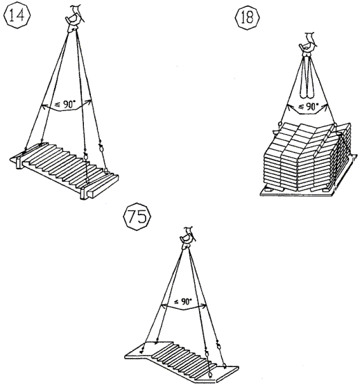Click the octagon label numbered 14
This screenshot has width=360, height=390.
point(17,15)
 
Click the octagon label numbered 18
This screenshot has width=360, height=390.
point(248,17)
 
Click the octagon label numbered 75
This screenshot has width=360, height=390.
point(137,217)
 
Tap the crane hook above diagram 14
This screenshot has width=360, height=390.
point(74,19)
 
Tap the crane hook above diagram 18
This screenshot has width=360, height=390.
point(308,45)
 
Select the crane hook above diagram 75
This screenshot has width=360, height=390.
point(188,238)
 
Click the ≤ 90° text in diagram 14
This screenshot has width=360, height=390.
point(65,105)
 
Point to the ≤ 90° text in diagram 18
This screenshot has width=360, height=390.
point(308,106)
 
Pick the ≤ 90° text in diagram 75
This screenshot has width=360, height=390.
point(182,302)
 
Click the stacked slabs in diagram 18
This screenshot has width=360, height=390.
point(307,157)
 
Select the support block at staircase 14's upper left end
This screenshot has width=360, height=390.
point(19,163)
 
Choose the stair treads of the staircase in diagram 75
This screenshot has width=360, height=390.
point(182,361)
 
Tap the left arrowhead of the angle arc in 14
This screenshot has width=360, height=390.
point(43,106)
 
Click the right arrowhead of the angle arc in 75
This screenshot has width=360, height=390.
point(204,305)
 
